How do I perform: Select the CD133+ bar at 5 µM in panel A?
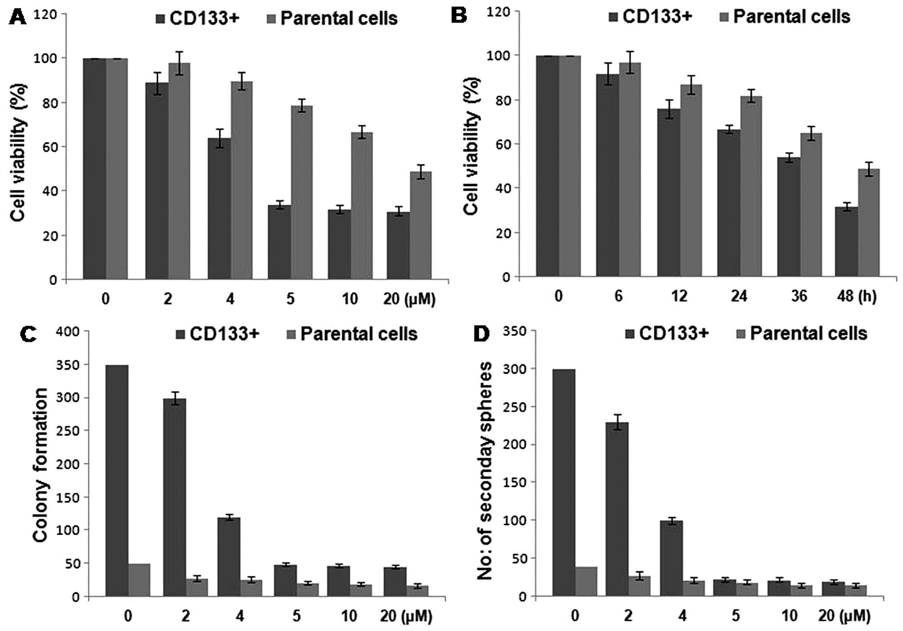pos(279,242)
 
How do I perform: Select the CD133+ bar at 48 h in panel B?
pos(846,242)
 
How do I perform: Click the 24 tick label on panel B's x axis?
pos(739,296)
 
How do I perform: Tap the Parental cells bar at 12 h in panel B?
pos(691,180)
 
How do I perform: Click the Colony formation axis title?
pos(40,465)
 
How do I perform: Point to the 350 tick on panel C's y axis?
pos(67,365)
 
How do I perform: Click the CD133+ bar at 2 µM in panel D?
pos(617,509)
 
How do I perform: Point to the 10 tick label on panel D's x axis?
pos(790,615)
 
